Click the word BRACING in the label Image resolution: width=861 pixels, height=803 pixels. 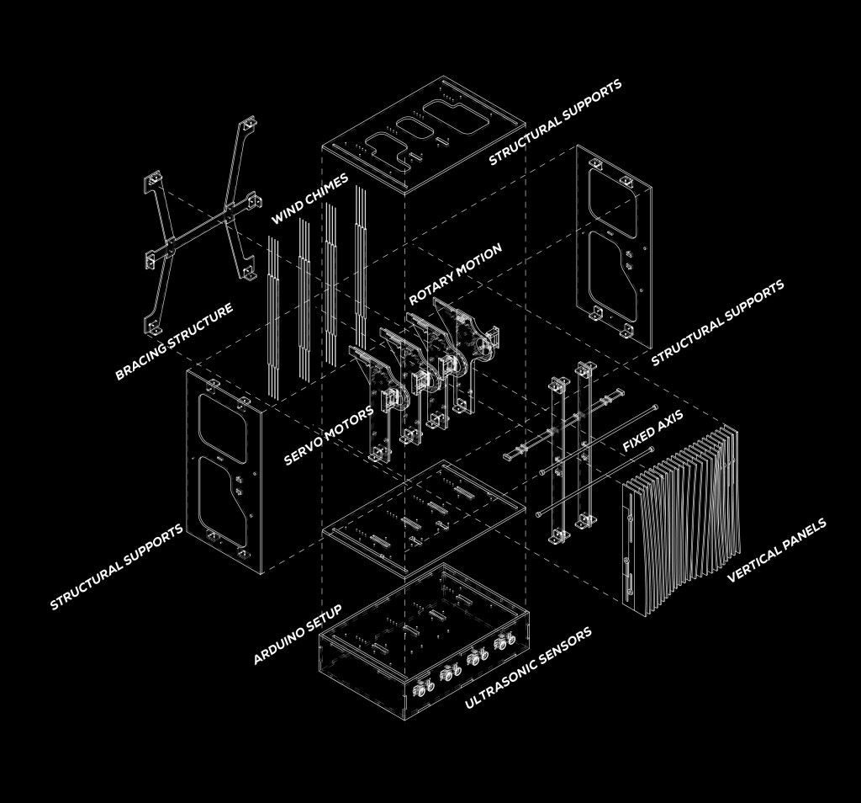coord(143,357)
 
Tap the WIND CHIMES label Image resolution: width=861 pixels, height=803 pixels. coord(309,199)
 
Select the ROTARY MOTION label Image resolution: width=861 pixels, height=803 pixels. coord(455,274)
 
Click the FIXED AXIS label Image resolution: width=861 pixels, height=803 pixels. coord(652,432)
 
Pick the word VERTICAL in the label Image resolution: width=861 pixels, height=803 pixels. coord(755,561)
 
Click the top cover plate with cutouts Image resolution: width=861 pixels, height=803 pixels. coord(425,135)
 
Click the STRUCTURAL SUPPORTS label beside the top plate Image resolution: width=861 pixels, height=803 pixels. coord(555,123)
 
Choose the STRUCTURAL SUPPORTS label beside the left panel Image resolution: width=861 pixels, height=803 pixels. coord(116,567)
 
